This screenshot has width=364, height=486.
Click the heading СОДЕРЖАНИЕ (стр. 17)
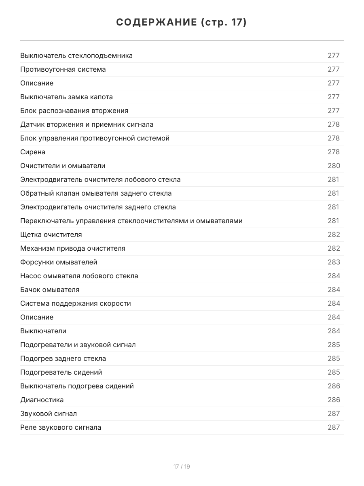point(182,23)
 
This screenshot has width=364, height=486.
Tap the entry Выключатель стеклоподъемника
point(76,55)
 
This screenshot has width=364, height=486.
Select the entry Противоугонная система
point(63,69)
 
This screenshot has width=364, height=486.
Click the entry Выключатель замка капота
point(67,97)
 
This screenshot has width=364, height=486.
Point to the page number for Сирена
point(334,152)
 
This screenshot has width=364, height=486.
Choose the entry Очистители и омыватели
point(63,166)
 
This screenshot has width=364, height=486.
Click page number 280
point(334,166)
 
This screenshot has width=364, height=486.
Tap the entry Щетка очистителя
point(51,234)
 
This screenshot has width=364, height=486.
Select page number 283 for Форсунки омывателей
point(334,262)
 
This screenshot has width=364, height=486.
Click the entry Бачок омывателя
point(50,290)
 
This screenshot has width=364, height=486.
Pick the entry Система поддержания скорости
point(76,303)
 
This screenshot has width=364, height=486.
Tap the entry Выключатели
point(43,331)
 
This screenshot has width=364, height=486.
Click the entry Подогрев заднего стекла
point(63,358)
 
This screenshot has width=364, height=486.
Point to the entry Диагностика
point(42,400)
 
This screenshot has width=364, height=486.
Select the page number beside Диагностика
point(334,400)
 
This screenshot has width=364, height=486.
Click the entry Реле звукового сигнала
point(61,427)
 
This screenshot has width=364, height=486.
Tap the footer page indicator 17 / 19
point(182,467)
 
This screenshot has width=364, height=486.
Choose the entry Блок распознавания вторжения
point(74,111)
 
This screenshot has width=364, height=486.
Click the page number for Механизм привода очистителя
point(334,248)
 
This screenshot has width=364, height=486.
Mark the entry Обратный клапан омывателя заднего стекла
point(96,193)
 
